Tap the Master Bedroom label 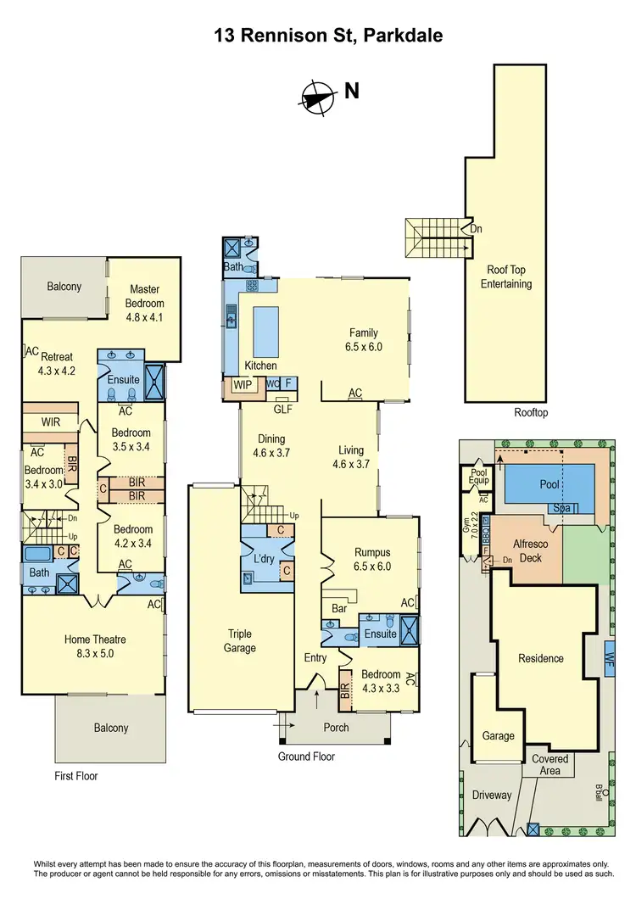click(x=144, y=296)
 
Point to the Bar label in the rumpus click(x=341, y=608)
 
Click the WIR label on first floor click(x=50, y=422)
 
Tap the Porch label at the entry click(x=336, y=728)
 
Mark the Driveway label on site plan click(x=493, y=795)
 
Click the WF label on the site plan click(x=610, y=656)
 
